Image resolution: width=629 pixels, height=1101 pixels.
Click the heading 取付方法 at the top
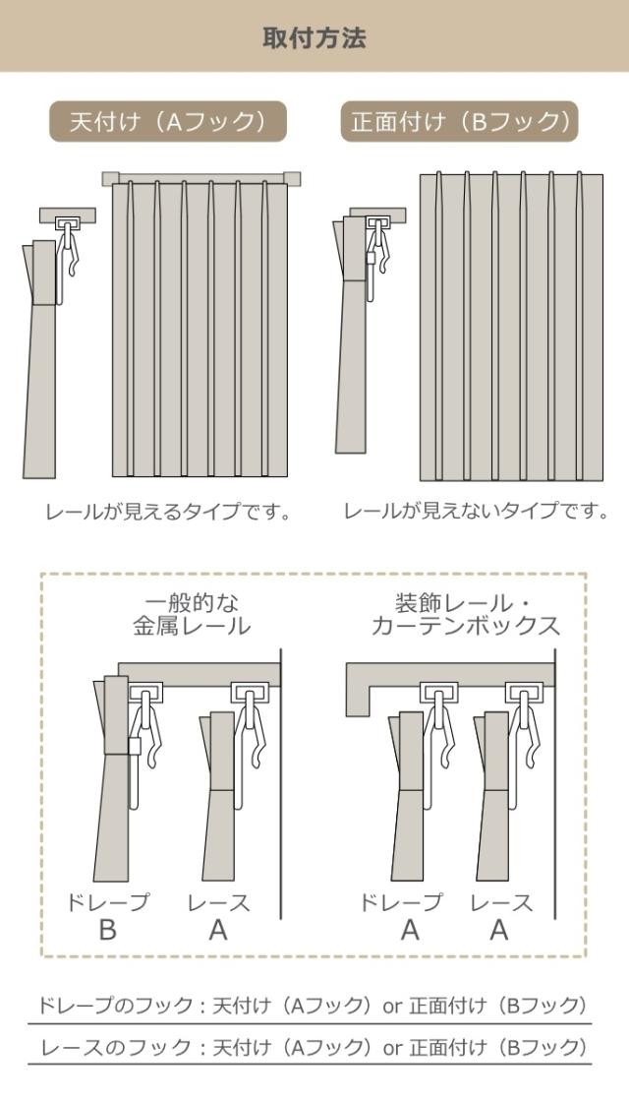coord(314,38)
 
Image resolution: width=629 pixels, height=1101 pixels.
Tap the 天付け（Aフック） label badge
coord(168,122)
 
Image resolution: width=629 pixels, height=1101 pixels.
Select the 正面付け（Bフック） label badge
coord(460,122)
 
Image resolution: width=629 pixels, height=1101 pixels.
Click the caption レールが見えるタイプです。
coord(168,512)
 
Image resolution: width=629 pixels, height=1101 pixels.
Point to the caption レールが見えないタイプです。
coord(476,511)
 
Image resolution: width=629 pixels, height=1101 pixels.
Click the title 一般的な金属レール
coord(192,614)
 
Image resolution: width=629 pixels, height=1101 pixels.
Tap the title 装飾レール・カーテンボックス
coord(466,614)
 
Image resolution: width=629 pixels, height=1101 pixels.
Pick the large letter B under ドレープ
coord(107,930)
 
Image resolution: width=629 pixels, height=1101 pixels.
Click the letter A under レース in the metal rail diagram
coord(218,930)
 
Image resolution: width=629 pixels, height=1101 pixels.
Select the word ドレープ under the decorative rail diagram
coord(401,901)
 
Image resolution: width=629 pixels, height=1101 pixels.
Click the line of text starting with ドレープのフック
coord(311,1005)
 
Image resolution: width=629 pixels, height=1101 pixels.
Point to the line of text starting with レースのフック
coord(311,1046)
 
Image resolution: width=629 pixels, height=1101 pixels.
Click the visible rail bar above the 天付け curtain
coord(200,178)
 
